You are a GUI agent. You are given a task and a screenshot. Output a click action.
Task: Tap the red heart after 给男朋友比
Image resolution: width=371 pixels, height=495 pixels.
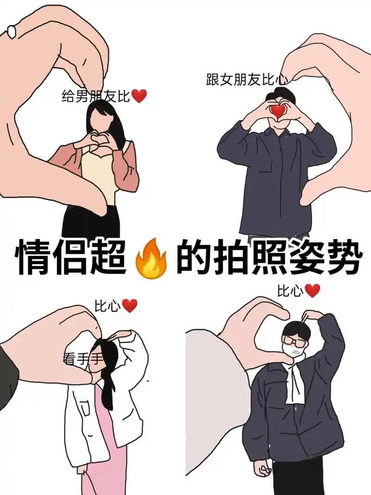(x=139, y=96)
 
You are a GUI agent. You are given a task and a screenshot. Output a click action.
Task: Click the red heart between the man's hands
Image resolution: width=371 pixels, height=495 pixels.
(x=278, y=110)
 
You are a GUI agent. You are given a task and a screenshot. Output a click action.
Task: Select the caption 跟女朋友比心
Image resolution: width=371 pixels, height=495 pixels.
(x=246, y=79)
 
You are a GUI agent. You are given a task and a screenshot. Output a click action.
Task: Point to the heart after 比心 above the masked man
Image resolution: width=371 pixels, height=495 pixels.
(x=313, y=291)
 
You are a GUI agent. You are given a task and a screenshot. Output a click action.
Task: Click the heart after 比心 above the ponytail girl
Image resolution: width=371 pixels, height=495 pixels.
(x=129, y=306)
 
